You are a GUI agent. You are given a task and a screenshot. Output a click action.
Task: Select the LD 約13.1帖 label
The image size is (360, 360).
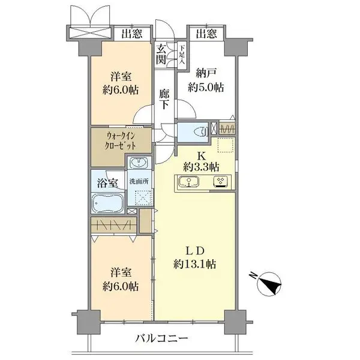(x=195, y=256)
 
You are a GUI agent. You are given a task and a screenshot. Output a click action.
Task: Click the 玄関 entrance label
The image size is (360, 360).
(x=162, y=54)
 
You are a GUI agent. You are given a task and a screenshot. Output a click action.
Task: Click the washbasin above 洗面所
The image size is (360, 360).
(x=139, y=164)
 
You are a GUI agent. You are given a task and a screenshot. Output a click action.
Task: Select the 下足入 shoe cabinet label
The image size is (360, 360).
(x=181, y=55)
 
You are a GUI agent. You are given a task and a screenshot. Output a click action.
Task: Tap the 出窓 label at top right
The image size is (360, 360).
(x=206, y=34)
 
